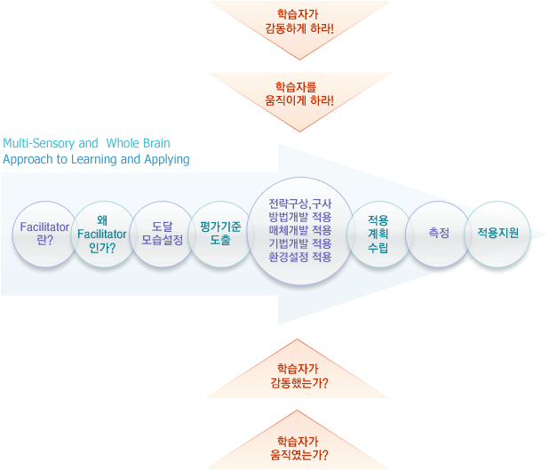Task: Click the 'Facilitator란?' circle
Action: pyautogui.click(x=44, y=234)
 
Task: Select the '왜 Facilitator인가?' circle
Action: pyautogui.click(x=103, y=234)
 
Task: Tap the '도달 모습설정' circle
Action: pyautogui.click(x=162, y=234)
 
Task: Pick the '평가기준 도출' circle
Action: pyautogui.click(x=221, y=234)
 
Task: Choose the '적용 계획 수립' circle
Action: pyautogui.click(x=378, y=234)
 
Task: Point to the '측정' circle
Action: pyautogui.click(x=438, y=233)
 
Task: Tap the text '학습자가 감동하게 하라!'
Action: pyautogui.click(x=299, y=21)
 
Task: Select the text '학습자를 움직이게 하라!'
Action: pyautogui.click(x=299, y=94)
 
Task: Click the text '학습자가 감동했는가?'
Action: pyautogui.click(x=299, y=376)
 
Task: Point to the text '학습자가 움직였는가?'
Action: pyautogui.click(x=299, y=448)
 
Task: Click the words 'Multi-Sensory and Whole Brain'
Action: pyautogui.click(x=86, y=142)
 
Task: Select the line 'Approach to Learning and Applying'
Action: pyautogui.click(x=96, y=160)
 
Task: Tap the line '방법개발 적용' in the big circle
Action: pyautogui.click(x=300, y=218)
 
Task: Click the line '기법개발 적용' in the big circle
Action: pyautogui.click(x=300, y=243)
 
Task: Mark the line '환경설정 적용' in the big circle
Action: pyautogui.click(x=300, y=257)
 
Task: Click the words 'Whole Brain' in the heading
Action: pyautogui.click(x=139, y=142)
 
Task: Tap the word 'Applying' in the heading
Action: pyautogui.click(x=167, y=160)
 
